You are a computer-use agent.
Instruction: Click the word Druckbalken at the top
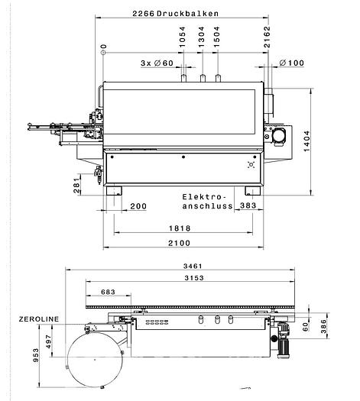pyautogui.click(x=187, y=14)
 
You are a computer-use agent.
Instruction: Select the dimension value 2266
pyautogui.click(x=143, y=14)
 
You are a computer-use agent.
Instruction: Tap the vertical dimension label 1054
pyautogui.click(x=182, y=37)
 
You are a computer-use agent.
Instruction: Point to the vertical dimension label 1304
pyautogui.click(x=202, y=37)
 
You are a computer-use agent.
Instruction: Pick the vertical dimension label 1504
pyautogui.click(x=217, y=37)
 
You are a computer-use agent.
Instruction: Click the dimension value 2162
pyautogui.click(x=267, y=37)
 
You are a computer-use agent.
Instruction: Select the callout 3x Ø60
pyautogui.click(x=157, y=63)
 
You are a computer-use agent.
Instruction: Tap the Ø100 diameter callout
pyautogui.click(x=292, y=63)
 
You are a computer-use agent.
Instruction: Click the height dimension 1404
pyautogui.click(x=306, y=141)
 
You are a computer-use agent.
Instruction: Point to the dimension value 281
pyautogui.click(x=76, y=186)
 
